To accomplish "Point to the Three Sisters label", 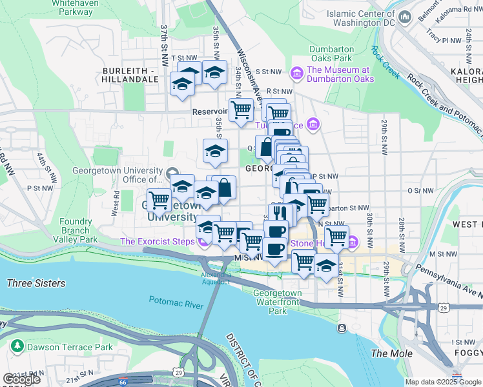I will point(36,283).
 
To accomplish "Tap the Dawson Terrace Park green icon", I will point(17,347).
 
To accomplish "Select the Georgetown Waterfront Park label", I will point(277,302).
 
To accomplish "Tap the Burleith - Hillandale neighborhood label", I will point(129,74).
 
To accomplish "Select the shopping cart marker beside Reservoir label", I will point(241,109).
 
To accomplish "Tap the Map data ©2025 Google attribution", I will point(443,382).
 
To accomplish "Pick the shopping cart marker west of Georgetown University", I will point(158,199).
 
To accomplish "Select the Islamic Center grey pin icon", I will point(405,17).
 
